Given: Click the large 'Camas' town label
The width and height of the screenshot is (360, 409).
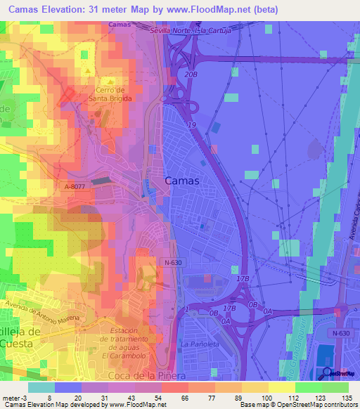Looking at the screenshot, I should tap(181, 181).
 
